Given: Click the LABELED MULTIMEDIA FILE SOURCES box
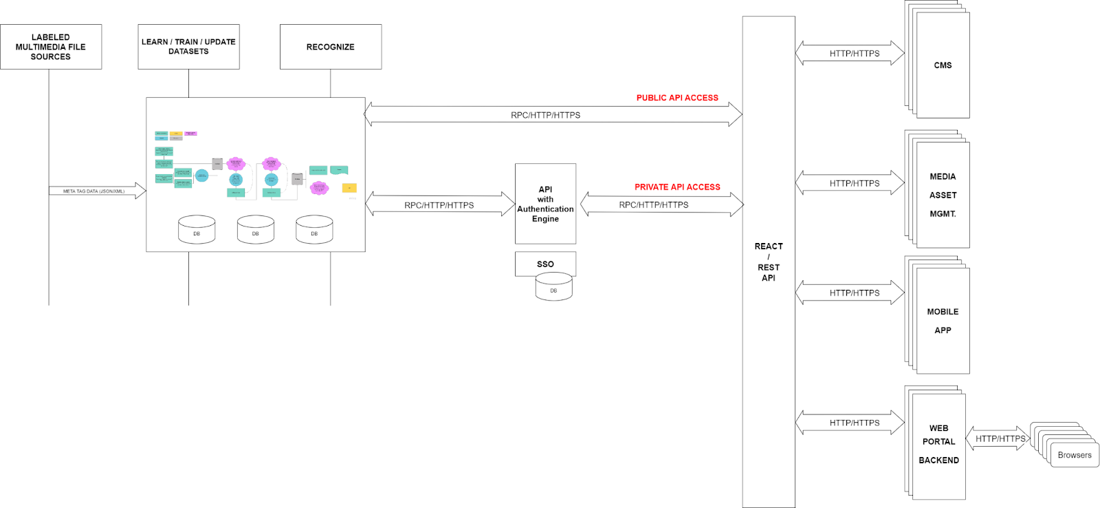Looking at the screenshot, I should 51,47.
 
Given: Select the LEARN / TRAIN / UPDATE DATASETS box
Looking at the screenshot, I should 188,47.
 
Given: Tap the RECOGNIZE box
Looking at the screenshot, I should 331,47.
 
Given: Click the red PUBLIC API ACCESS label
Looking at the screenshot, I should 677,98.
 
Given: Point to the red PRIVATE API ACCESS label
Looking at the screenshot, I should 677,187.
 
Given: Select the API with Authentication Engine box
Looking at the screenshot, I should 545,204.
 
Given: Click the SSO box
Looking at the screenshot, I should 545,264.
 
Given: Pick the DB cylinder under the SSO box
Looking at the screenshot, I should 553,288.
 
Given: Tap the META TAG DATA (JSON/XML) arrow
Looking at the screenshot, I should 97,191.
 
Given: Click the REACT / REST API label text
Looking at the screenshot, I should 769,262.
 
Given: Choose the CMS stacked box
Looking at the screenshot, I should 943,65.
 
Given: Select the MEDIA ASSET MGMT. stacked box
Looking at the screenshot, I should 943,195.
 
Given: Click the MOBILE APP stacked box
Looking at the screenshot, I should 943,321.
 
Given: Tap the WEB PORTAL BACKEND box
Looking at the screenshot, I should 938,445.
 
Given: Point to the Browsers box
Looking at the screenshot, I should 1075,455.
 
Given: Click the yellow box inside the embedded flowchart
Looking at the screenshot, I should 349,188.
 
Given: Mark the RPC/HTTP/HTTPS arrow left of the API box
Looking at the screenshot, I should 440,204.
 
